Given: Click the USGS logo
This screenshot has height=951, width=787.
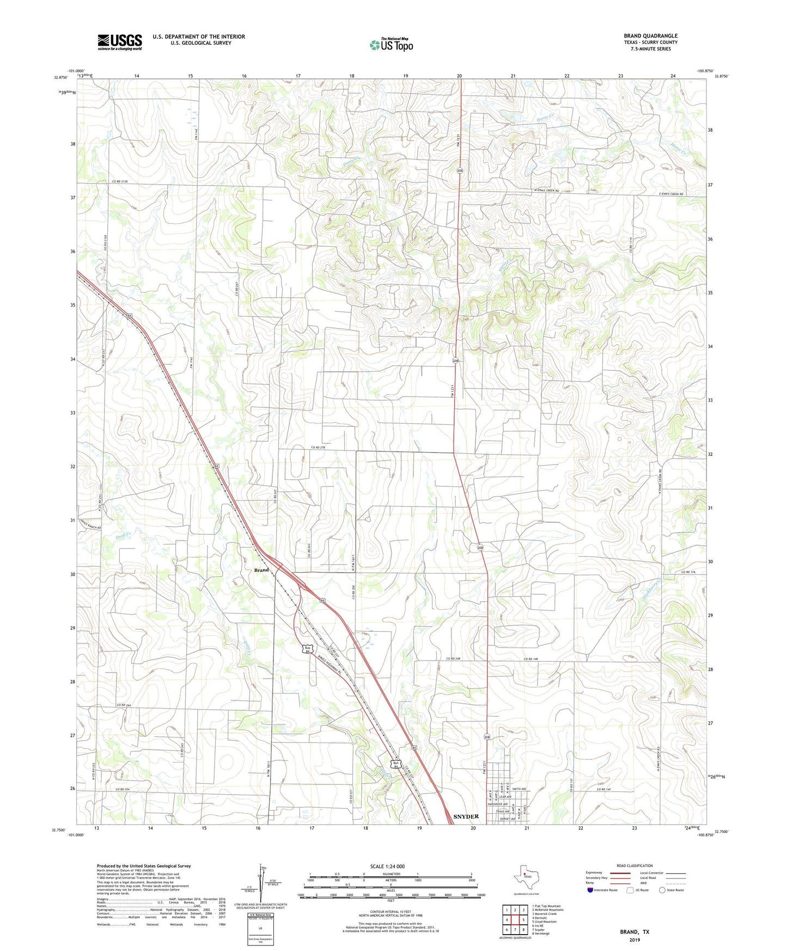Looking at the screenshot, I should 119,42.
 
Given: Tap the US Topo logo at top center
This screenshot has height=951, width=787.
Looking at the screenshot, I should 391,45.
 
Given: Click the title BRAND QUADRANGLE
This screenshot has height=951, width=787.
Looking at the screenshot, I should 650,36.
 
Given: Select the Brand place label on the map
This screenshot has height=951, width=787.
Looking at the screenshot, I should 261,570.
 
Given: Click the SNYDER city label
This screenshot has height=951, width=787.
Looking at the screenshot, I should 466,816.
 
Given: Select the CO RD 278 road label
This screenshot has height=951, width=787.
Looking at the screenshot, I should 318,448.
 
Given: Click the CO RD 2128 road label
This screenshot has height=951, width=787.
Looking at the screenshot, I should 123,181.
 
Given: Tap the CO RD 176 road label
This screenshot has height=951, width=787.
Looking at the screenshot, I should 688,572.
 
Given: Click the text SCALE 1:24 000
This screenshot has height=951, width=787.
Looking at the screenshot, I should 387,866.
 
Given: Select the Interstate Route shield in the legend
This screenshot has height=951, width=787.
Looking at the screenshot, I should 591,890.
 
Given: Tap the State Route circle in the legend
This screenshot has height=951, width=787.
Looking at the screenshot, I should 662,890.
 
